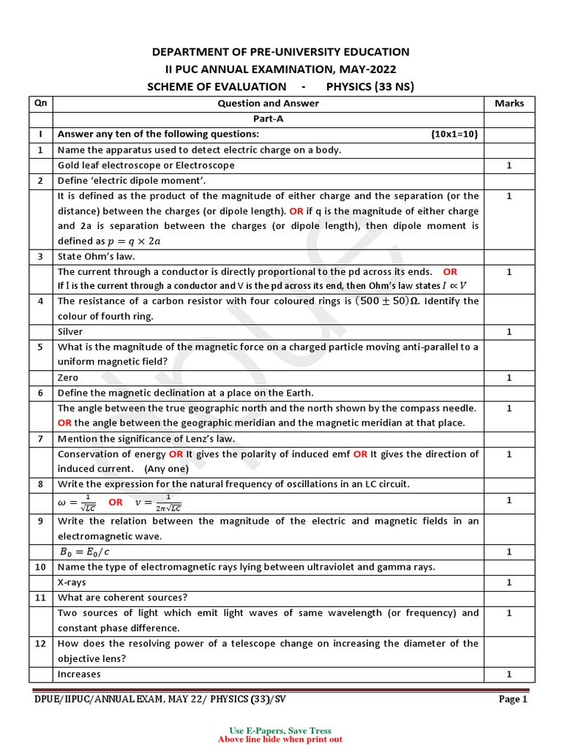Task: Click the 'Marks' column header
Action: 509,103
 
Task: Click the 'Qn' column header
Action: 40,103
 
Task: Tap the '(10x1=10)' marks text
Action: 454,134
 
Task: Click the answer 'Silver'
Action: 70,332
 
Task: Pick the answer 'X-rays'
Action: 72,582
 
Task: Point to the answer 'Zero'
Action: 68,377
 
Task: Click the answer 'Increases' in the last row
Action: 79,674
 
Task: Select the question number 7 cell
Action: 40,439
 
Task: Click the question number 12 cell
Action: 40,644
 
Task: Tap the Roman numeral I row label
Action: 40,134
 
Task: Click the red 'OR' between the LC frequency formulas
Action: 116,502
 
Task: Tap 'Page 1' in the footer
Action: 512,699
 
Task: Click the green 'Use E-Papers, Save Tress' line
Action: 280,731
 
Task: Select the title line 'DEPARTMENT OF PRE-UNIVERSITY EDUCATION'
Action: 280,52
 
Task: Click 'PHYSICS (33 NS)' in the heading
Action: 370,87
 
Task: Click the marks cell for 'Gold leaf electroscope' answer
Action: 509,165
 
